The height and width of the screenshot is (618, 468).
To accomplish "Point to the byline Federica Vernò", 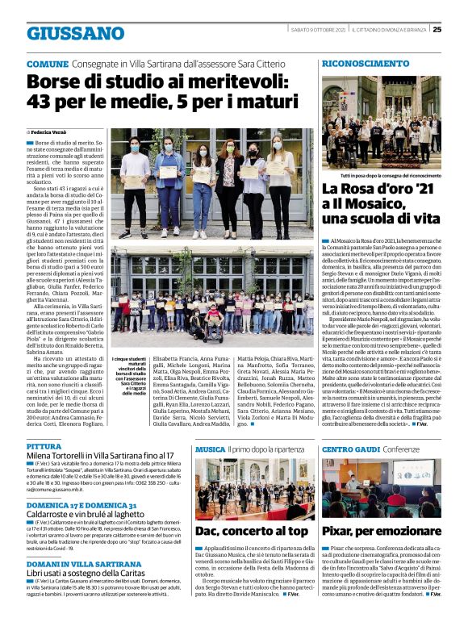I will tap(51, 131).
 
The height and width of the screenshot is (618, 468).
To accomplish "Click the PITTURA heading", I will tap(44, 446).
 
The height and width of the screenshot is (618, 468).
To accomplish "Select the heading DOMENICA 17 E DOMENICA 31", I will tap(81, 505).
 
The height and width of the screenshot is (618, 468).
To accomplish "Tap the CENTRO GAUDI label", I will tap(351, 449).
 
